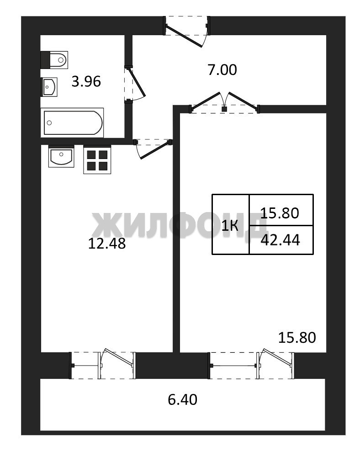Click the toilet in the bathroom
(54, 60)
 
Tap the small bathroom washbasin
(49, 86)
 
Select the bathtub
(72, 122)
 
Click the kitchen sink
(61, 156)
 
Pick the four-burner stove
(97, 159)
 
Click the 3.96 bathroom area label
(86, 81)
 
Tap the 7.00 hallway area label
(222, 70)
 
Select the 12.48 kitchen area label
(107, 244)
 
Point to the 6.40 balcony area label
(183, 399)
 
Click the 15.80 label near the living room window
(297, 338)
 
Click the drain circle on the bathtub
(49, 122)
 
